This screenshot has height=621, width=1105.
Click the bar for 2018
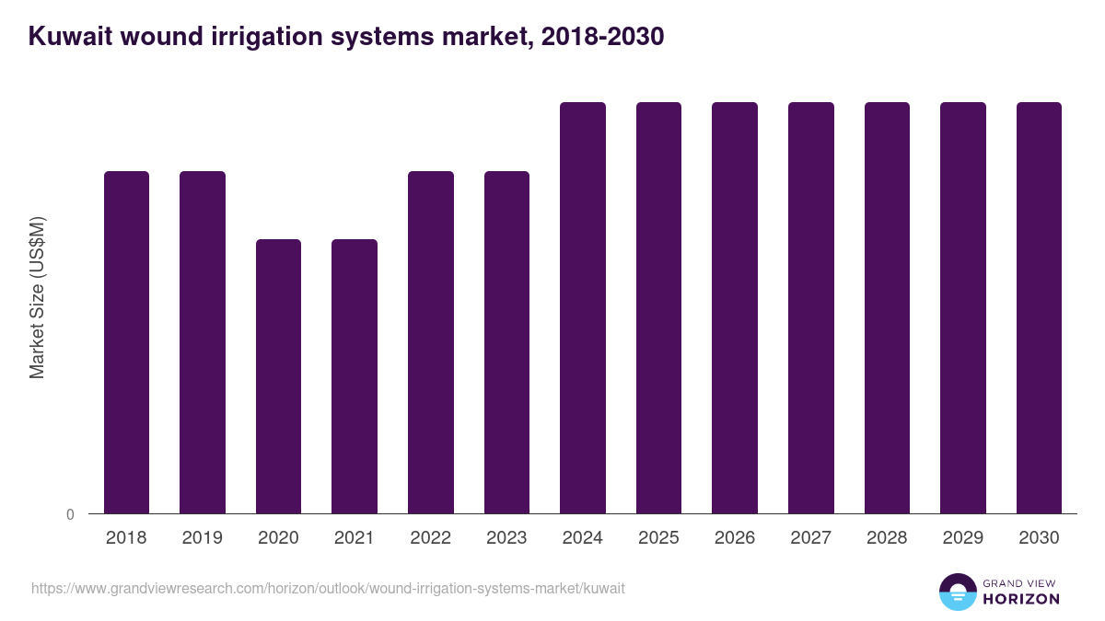pos(126,342)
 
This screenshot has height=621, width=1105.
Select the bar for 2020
pos(278,376)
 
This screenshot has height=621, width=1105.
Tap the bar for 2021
pos(355,376)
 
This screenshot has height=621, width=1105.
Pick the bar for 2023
pos(506,342)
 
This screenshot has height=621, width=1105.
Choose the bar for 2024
pos(583,308)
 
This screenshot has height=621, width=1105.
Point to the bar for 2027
pos(811,308)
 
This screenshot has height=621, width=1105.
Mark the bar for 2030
pos(1039,308)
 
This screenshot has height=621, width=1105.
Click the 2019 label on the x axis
pos(202,538)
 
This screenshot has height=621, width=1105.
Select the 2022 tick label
pos(430,538)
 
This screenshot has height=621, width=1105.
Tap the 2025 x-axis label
pos(658,538)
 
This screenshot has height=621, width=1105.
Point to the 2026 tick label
pos(735,538)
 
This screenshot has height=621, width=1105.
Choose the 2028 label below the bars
pos(887,538)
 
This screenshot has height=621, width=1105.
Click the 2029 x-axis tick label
pos(962,538)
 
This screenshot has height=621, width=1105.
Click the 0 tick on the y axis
pos(70,515)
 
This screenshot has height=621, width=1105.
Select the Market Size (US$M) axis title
pos(37,298)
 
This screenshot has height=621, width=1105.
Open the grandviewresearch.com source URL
pos(328,588)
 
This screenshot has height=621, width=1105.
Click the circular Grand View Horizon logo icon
pos(958,592)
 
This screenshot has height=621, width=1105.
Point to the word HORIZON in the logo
pos(1021,599)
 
